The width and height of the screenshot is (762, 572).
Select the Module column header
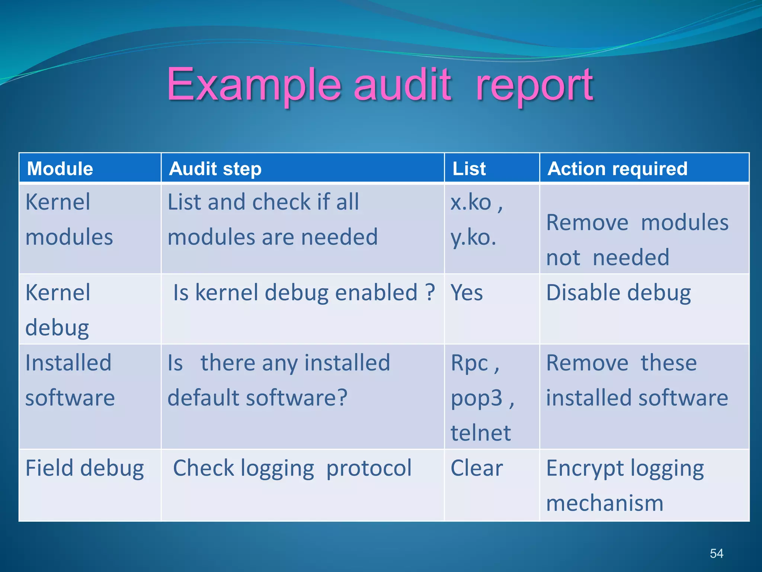[x=60, y=169]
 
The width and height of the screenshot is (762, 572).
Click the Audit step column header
[x=215, y=169]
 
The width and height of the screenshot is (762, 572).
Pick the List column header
[x=469, y=169]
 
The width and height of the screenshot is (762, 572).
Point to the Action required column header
[x=618, y=169]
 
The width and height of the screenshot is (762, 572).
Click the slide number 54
[x=716, y=553]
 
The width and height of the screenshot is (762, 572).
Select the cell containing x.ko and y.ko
[x=476, y=220]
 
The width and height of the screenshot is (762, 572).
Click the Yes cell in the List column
[x=467, y=293]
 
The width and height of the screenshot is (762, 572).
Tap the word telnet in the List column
[x=481, y=433]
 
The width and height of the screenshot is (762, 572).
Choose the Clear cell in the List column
[x=477, y=468]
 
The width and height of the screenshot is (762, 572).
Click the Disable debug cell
[x=618, y=293]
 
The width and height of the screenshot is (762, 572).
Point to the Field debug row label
[x=85, y=468]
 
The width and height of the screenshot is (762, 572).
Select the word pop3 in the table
[x=477, y=398]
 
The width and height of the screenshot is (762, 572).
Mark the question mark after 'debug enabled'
[x=430, y=293]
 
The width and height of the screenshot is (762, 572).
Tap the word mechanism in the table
[x=605, y=503]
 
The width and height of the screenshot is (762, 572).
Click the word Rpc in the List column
[x=470, y=363]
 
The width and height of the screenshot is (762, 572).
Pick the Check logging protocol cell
[x=292, y=468]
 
